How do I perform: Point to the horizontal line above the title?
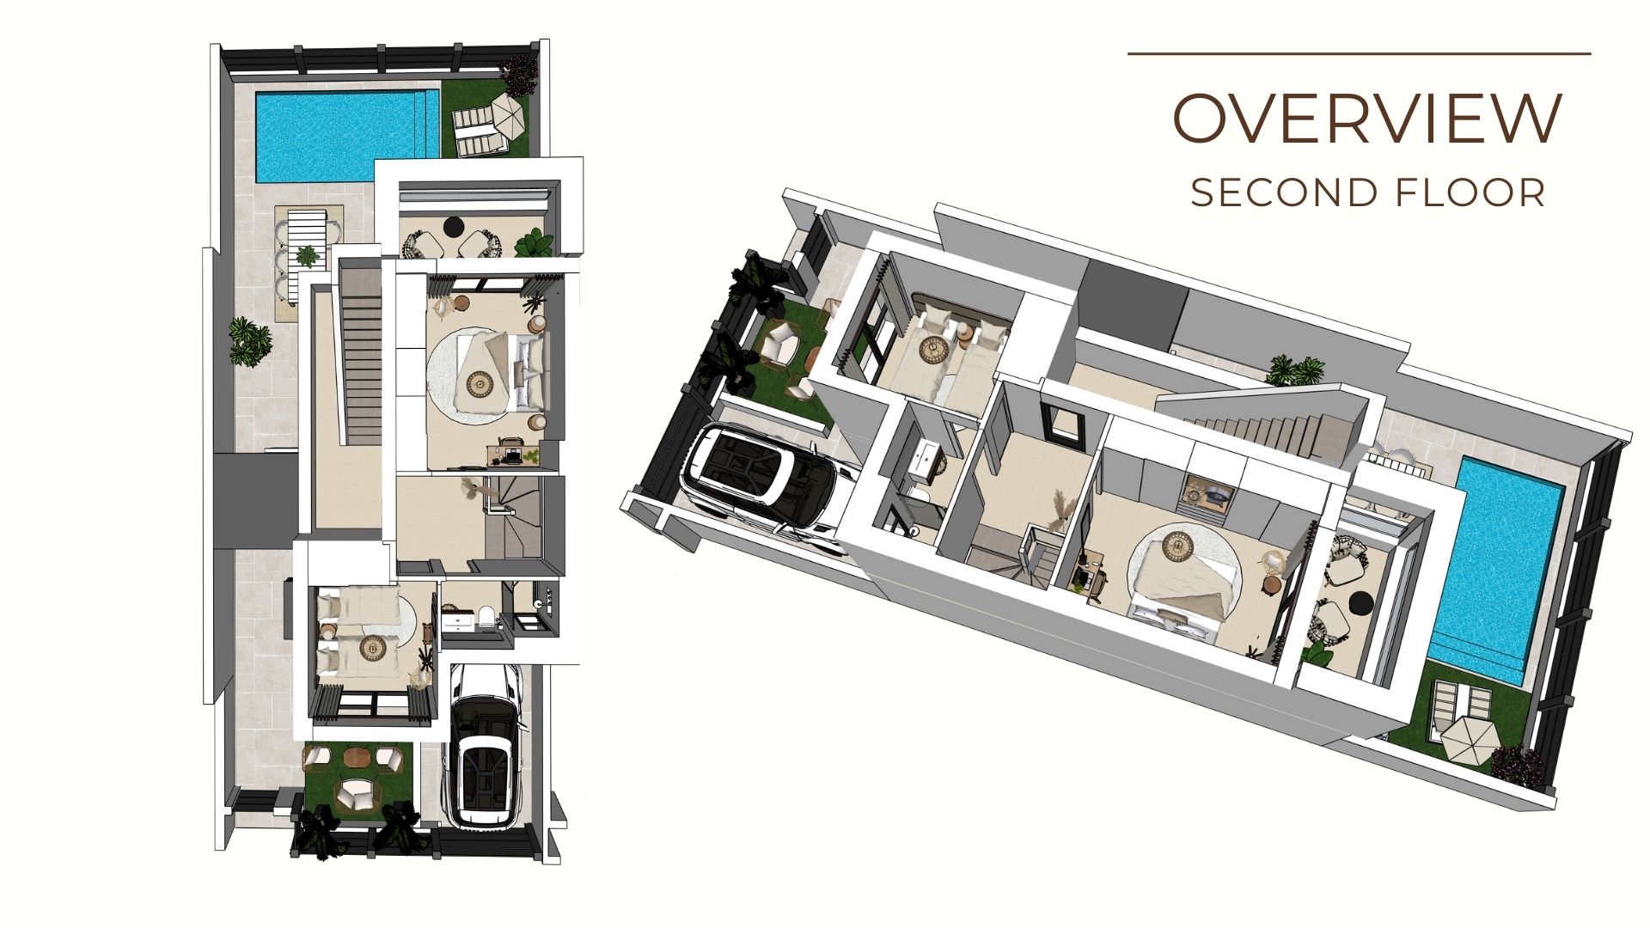[x=1360, y=53]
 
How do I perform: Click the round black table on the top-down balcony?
[x=454, y=227]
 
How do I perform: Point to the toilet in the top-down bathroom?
[x=486, y=617]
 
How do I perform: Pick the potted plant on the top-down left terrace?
[x=251, y=342]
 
